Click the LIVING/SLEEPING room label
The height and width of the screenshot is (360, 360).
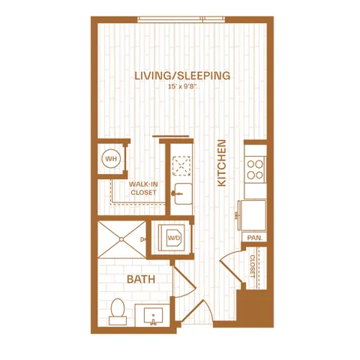(182, 76)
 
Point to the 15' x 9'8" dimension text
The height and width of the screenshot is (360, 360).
(181, 87)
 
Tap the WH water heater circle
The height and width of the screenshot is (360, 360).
(111, 159)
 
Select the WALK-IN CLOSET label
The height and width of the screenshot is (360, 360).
(143, 188)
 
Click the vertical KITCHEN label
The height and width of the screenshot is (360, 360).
(222, 163)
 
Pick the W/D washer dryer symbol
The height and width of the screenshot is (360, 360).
(174, 238)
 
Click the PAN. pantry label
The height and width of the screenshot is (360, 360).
(255, 238)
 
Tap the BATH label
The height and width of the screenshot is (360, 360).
(141, 279)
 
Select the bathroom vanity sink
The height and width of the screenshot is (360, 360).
(153, 316)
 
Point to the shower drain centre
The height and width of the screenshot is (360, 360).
(121, 239)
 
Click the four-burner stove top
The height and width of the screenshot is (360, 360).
(255, 169)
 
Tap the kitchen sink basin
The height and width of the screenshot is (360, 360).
(183, 193)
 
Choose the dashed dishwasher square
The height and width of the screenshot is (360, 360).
(181, 166)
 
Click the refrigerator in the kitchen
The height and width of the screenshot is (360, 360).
(253, 215)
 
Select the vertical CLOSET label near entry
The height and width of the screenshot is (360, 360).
(252, 266)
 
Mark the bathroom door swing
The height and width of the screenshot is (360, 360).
(184, 280)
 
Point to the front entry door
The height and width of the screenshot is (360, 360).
(196, 310)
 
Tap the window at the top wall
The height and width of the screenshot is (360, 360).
(181, 19)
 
